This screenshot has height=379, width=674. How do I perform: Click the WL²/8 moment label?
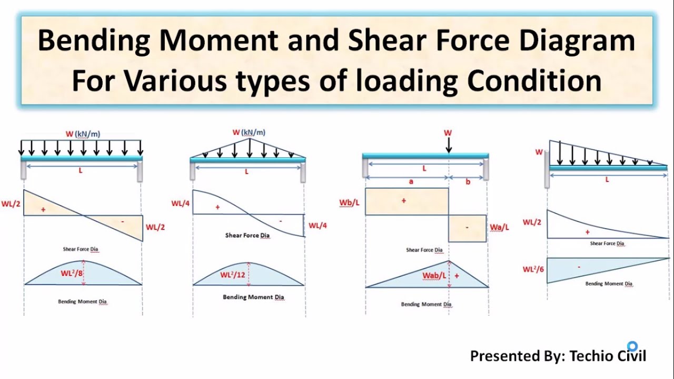[x=72, y=273]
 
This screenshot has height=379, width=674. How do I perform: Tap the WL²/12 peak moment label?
[x=233, y=275]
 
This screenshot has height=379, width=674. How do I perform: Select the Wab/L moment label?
[x=434, y=275]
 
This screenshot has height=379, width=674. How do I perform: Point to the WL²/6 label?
[x=533, y=269]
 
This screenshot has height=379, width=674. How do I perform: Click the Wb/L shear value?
[x=349, y=203]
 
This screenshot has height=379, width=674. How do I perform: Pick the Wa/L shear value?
[x=499, y=227]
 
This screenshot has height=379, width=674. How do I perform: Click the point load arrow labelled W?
[x=449, y=145]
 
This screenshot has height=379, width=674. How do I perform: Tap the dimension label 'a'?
[x=411, y=182]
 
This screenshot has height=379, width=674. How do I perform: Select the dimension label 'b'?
[x=468, y=182]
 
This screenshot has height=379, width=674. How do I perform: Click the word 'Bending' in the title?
[x=94, y=41]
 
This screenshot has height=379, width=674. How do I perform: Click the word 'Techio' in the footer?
[x=591, y=356]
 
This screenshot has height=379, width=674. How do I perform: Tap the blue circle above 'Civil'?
[x=632, y=346]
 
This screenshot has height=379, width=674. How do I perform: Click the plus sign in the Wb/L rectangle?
[x=404, y=201]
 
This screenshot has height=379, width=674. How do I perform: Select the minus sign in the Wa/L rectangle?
[x=467, y=227]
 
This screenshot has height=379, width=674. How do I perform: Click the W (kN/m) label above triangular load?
[x=249, y=132]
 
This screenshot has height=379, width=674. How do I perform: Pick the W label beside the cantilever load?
[x=539, y=152]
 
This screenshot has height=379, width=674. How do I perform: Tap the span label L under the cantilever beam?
[x=607, y=179]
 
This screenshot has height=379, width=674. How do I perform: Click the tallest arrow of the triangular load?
[x=250, y=148]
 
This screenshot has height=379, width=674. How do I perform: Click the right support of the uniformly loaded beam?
[x=140, y=172]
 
